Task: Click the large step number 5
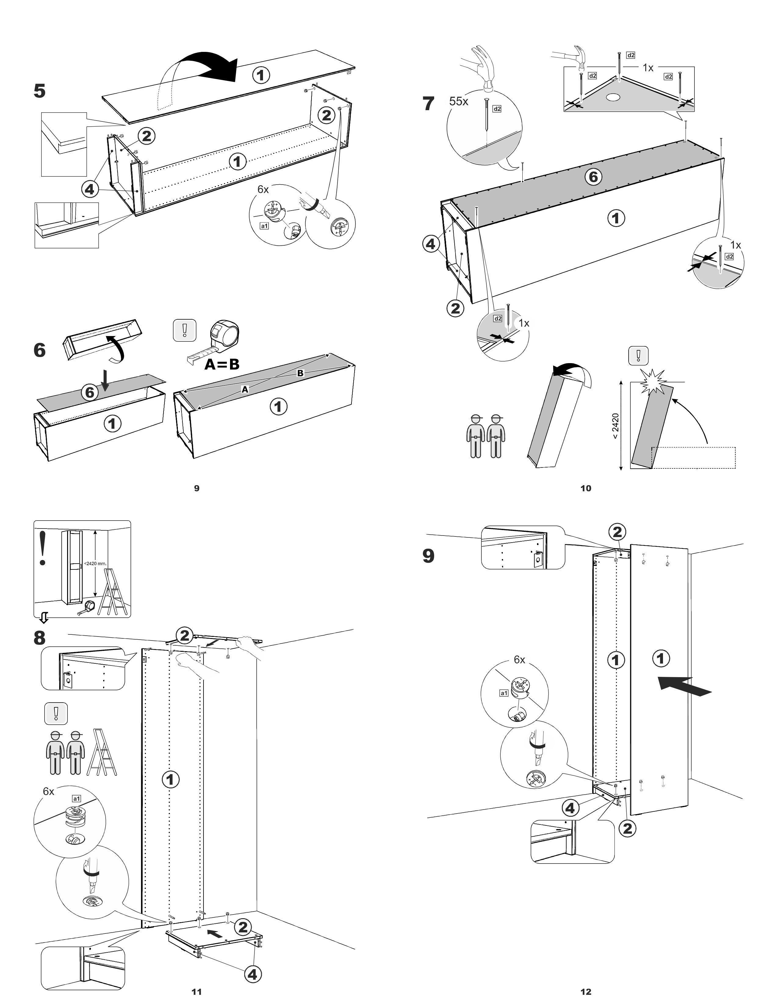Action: (x=40, y=91)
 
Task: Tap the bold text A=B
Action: (x=222, y=364)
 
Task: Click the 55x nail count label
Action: (x=459, y=101)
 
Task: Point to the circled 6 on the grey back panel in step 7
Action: (x=594, y=177)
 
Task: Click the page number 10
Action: (x=585, y=488)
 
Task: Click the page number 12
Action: (x=585, y=991)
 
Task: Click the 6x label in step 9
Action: (x=520, y=660)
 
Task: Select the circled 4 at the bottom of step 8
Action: (x=252, y=974)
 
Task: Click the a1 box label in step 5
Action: (x=264, y=226)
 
